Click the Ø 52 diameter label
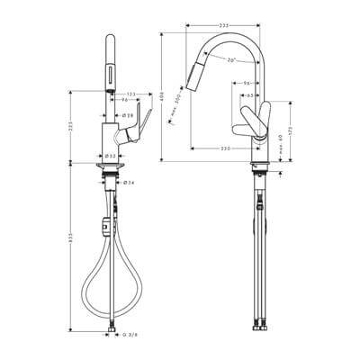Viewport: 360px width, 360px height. [x=109, y=155]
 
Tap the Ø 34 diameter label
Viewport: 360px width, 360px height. [x=129, y=183]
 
